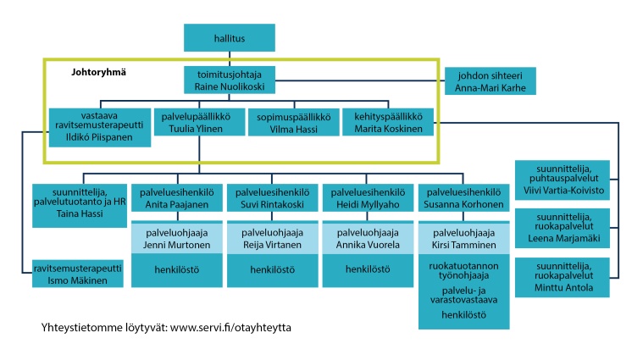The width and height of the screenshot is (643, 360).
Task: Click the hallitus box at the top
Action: [x=229, y=38]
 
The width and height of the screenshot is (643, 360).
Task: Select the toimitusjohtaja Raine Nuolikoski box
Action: [x=229, y=80]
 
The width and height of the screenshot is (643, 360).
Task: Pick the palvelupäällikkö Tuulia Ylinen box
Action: [x=198, y=123]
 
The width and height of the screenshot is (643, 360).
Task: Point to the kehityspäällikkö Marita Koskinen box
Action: [x=387, y=123]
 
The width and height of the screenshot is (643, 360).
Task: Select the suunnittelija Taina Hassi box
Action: [x=79, y=205]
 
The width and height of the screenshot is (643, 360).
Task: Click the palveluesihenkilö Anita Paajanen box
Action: [x=177, y=199]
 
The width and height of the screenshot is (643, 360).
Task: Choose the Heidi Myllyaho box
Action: [x=369, y=199]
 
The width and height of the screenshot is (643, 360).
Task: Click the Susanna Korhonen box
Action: [x=465, y=199]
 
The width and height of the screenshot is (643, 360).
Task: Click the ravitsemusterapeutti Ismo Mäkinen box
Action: [x=78, y=274]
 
